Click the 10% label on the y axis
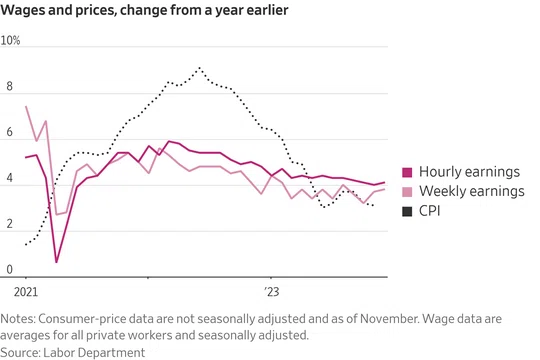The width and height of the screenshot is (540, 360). click(x=10, y=40)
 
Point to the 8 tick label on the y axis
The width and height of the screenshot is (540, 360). click(x=9, y=86)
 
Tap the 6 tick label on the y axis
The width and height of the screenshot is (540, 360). click(x=9, y=132)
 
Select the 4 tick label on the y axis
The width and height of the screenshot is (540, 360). click(x=9, y=178)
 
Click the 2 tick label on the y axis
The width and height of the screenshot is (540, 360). click(x=9, y=224)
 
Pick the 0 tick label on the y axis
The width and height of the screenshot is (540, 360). click(x=9, y=269)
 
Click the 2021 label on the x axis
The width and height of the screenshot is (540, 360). click(x=26, y=292)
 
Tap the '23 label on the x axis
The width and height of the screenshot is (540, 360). click(x=272, y=292)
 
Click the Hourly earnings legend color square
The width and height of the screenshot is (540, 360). click(x=407, y=172)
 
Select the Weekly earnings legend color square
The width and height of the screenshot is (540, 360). click(x=407, y=192)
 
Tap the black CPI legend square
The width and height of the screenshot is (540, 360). click(x=407, y=212)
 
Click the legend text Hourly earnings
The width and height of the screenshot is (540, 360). click(x=469, y=172)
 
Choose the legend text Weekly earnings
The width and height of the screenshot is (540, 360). click(x=472, y=191)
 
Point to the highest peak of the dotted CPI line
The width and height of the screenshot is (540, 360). click(x=199, y=68)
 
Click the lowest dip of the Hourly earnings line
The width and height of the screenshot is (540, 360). click(x=56, y=262)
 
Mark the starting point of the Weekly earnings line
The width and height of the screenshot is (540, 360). click(x=26, y=106)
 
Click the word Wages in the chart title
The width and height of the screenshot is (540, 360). click(x=23, y=10)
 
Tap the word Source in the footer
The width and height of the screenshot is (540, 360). click(x=20, y=352)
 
